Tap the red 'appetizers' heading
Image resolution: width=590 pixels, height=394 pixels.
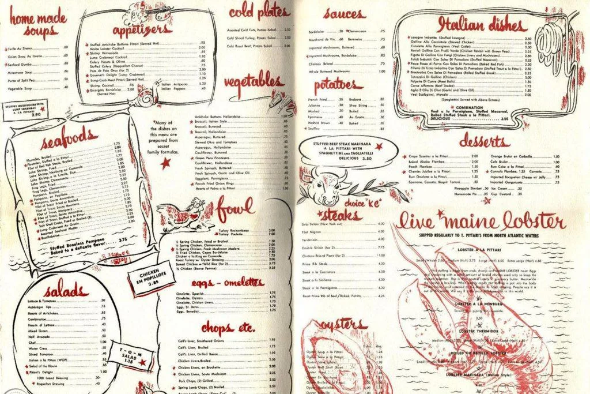pyautogui.click(x=141, y=29)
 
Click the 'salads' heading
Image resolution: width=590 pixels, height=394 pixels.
pyautogui.click(x=64, y=288)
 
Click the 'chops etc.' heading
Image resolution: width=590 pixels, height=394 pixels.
pyautogui.click(x=228, y=328)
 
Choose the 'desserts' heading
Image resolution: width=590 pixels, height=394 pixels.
pyautogui.click(x=484, y=140)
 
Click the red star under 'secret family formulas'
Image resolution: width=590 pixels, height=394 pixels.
pyautogui.click(x=165, y=163)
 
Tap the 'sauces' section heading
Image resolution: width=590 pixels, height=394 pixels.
pyautogui.click(x=343, y=13)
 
